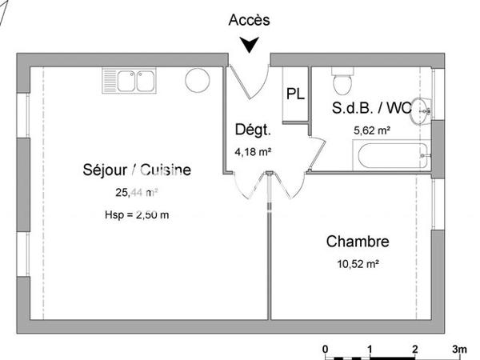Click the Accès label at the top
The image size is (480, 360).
[249, 20]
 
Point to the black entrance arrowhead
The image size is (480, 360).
[250, 46]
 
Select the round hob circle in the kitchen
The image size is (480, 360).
[197, 81]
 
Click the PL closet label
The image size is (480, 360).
[295, 94]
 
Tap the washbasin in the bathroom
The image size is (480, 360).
[418, 115]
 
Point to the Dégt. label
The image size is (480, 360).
[253, 130]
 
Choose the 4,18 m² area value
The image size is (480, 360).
[253, 150]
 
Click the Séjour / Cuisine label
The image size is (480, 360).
[137, 170]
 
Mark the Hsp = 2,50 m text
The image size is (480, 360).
[137, 214]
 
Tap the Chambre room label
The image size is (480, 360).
[358, 242]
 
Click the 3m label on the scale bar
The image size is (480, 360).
[459, 349]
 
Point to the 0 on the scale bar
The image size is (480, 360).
[326, 349]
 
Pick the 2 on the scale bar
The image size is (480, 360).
[414, 349]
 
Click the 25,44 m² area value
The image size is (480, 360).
[137, 192]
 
